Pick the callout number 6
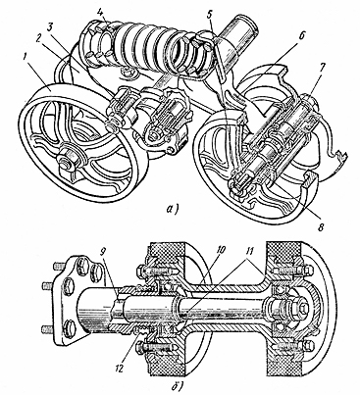pos(300,36)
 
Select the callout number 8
pos(321,227)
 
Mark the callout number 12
pos(119,369)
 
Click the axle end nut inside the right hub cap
pos(301,308)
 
